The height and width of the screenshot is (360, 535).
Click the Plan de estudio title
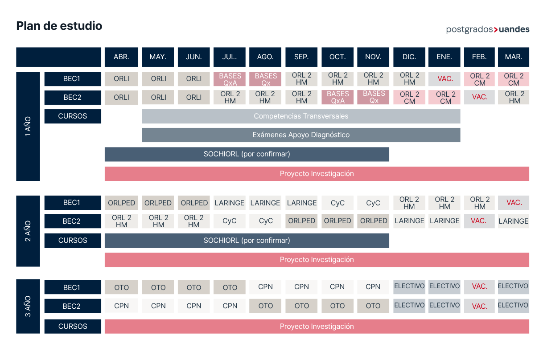[59, 26]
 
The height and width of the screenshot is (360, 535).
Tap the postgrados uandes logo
[488, 29]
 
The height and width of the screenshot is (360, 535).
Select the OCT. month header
[337, 57]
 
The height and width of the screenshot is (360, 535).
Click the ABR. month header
[121, 57]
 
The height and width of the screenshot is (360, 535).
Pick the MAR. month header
[514, 57]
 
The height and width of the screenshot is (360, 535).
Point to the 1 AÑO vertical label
[28, 126]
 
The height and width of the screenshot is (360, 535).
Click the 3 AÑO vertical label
[28, 306]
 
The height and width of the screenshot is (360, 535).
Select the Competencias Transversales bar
[301, 116]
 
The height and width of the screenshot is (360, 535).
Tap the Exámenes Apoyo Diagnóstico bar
[301, 135]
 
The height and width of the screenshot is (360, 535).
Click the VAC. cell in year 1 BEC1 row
[444, 79]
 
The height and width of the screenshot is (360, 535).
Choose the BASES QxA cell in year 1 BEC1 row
[229, 79]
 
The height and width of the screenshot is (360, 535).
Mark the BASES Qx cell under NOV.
[373, 97]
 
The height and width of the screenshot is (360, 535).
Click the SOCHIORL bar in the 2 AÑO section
[247, 241]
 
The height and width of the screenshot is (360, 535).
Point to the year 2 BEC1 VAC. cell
[514, 203]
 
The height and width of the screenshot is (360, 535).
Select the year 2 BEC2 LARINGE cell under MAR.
[514, 221]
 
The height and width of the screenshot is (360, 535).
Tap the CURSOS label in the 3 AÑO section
[73, 326]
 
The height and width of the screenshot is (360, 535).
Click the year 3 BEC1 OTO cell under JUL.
[229, 287]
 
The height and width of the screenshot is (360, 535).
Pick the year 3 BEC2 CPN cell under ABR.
[121, 306]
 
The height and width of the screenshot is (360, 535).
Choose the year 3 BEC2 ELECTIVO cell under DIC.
[409, 306]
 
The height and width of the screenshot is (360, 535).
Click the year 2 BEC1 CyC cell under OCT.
[337, 203]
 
